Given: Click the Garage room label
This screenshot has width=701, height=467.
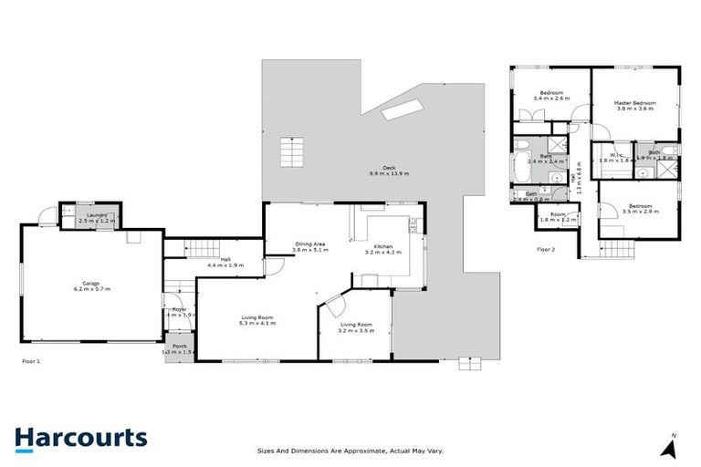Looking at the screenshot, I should coord(91,284).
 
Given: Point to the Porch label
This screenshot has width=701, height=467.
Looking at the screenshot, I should coord(180,347).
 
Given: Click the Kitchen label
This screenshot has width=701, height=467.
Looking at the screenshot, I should coord(383,247).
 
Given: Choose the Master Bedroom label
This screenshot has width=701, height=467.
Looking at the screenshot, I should coord(634,103).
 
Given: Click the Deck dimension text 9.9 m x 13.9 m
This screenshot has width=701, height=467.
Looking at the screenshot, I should coord(389,173).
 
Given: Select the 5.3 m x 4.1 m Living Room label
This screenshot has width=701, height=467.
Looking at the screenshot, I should coord(256,320).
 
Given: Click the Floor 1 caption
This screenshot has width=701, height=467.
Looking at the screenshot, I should coord(31,361).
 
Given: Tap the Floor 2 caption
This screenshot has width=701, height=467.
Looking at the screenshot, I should coord(546,248).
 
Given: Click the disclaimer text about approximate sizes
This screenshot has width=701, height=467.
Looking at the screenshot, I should coord(350,450).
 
